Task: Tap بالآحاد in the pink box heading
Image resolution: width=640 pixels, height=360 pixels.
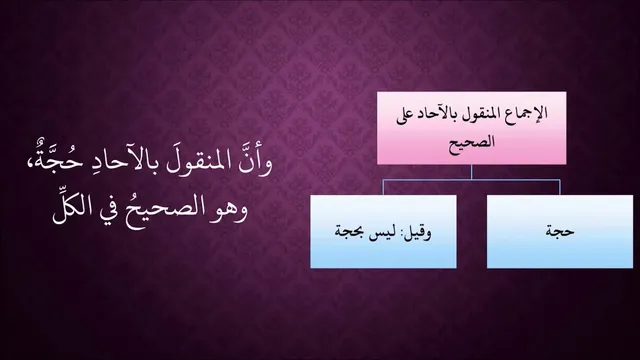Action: pyautogui.click(x=445, y=113)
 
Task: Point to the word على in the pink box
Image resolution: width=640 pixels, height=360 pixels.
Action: pyautogui.click(x=407, y=115)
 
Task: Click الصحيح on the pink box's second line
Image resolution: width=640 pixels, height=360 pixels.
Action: pyautogui.click(x=472, y=142)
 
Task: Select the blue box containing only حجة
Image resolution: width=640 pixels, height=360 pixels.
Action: pyautogui.click(x=560, y=231)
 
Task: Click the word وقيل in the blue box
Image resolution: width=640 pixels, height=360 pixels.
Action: pyautogui.click(x=419, y=233)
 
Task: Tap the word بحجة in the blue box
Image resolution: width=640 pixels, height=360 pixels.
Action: pyautogui.click(x=351, y=233)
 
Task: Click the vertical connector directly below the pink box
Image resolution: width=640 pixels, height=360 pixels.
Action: pyautogui.click(x=471, y=172)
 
